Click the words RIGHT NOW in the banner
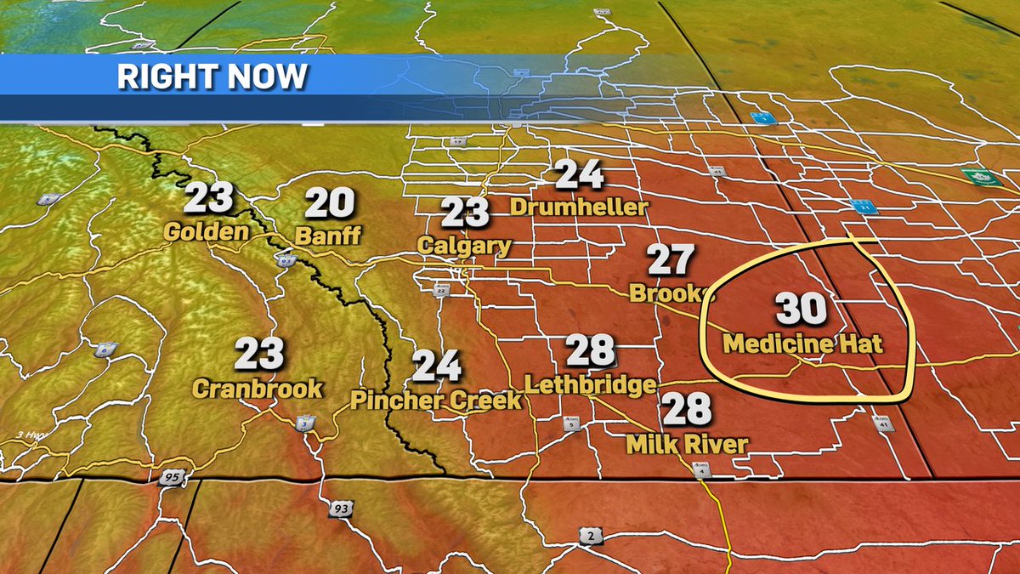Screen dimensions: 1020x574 click(x=212, y=77)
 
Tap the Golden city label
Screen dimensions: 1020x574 click(x=207, y=231)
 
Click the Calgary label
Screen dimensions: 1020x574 click(x=464, y=246)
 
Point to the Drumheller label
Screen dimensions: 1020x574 click(x=579, y=207)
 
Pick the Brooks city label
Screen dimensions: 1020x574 click(x=668, y=293)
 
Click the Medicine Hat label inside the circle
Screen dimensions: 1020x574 click(x=803, y=344)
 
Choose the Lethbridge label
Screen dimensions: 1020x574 click(x=591, y=384)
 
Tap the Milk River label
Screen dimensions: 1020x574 click(x=687, y=443)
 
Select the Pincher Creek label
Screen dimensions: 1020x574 click(x=436, y=400)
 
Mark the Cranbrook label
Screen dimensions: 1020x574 click(x=258, y=389)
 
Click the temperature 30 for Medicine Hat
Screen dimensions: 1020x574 click(x=801, y=309)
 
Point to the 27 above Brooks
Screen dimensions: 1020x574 click(x=671, y=260)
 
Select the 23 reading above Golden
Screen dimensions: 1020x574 click(x=208, y=197)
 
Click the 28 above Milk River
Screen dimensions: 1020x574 click(x=687, y=409)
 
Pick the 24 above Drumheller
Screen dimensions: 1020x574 click(x=580, y=174)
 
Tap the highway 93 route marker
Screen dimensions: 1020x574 click(x=340, y=509)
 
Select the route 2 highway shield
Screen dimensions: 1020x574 click(x=589, y=535)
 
